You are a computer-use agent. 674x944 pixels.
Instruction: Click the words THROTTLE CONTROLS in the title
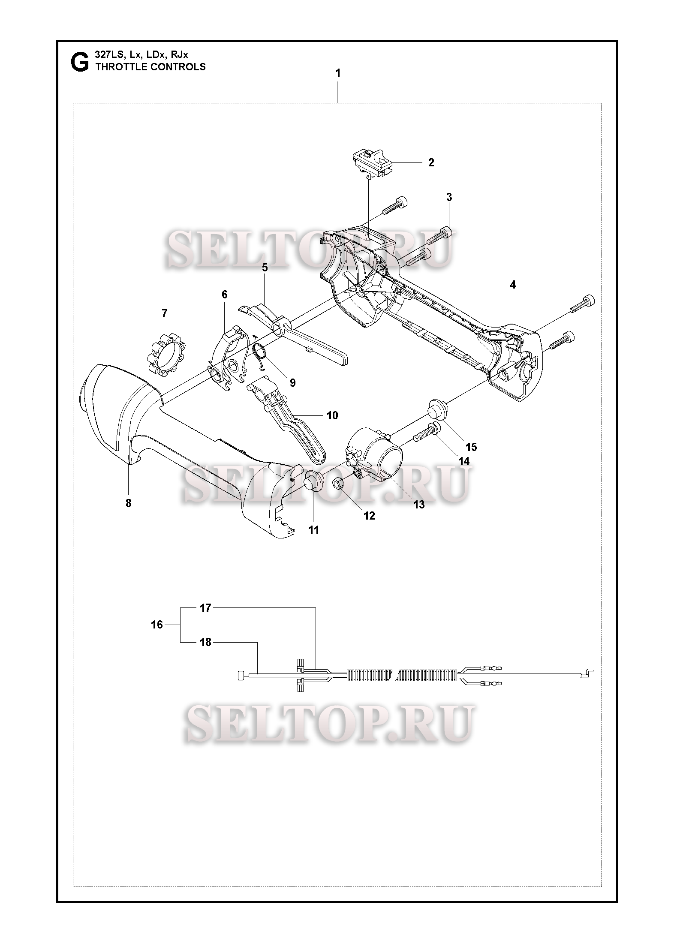point(150,67)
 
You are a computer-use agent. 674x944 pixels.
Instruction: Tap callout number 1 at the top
point(338,73)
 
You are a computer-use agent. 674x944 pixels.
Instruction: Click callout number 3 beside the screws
point(449,197)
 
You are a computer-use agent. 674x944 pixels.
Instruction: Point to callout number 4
point(513,285)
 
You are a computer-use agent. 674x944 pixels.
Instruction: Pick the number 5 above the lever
point(265,268)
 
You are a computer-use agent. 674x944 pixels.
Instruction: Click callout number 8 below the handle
point(128,503)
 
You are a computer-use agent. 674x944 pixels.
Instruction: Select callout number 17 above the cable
point(206,607)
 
